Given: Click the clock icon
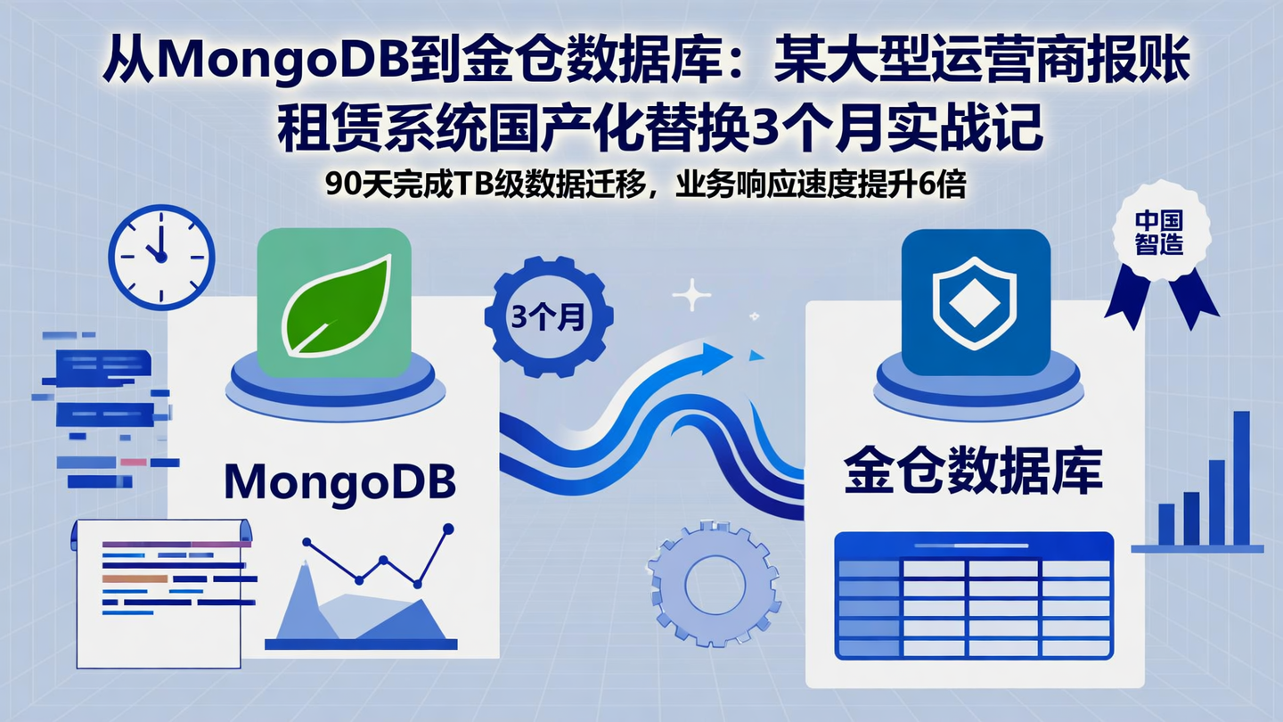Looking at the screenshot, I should [161, 257].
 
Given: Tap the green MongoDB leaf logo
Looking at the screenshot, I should [335, 302].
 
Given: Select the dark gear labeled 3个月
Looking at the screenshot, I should [548, 319].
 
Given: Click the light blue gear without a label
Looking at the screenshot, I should [715, 585].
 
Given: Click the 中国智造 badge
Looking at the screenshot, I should [1159, 234].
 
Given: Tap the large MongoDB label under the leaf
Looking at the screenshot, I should [339, 482].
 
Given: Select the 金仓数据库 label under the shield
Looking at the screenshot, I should [973, 472].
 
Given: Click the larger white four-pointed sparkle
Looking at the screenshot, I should [691, 295].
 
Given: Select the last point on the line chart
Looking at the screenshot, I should [448, 529].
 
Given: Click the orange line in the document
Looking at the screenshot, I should [135, 578].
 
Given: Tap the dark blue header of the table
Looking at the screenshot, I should [974, 545].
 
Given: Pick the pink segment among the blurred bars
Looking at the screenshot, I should [133, 462].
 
